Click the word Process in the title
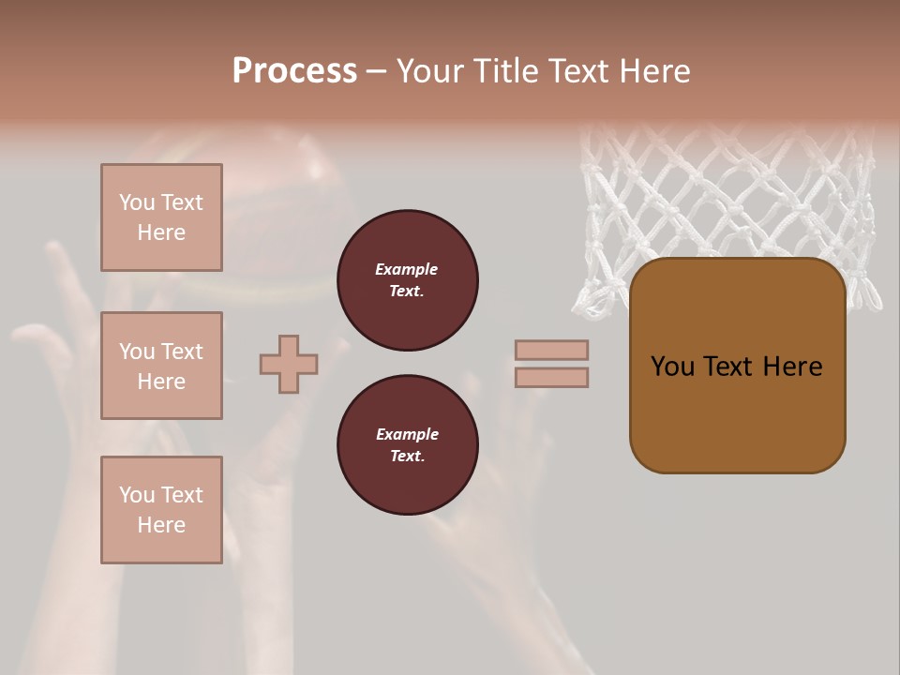coord(294,71)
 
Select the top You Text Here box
coord(161,217)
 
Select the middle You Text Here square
coord(161,366)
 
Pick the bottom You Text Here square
coord(161,510)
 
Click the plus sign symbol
coord(289,364)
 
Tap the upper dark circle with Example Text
coord(407,280)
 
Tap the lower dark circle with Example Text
coord(407,445)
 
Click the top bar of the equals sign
coord(551,350)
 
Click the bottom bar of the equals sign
coord(551,377)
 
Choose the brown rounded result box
coord(737,412)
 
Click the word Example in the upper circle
coord(406,269)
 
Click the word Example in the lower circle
coord(407,434)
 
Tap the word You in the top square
coord(137,202)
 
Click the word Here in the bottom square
coord(161,525)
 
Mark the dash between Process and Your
coord(376,71)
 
